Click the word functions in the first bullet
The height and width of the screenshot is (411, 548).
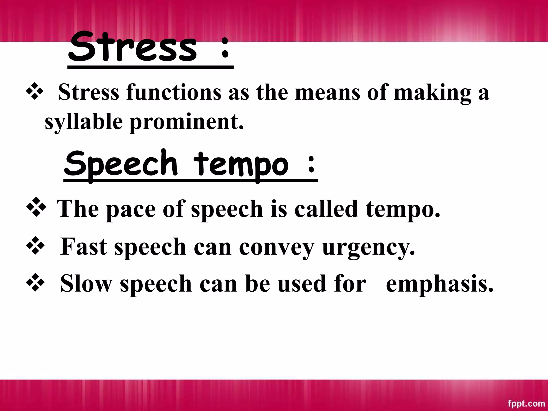tap(174, 92)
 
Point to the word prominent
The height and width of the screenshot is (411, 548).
tap(187, 122)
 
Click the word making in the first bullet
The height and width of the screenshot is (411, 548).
tap(432, 93)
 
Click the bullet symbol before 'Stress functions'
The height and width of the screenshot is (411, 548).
tap(35, 92)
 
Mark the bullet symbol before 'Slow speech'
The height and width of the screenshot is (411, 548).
tap(35, 283)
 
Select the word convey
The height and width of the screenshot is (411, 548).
tap(276, 247)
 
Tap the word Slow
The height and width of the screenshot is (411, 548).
tap(86, 283)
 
